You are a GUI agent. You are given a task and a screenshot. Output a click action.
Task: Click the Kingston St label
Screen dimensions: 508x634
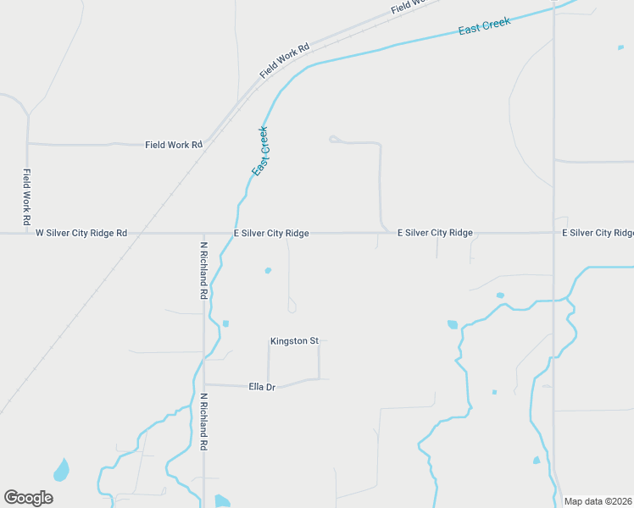pyautogui.click(x=294, y=341)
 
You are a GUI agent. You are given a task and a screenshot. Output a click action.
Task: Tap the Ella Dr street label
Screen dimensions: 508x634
pyautogui.click(x=262, y=387)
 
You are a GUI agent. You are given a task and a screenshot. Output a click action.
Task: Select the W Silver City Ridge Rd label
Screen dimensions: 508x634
pyautogui.click(x=81, y=233)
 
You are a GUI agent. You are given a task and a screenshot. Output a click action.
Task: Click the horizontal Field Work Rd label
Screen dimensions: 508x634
pyautogui.click(x=174, y=145)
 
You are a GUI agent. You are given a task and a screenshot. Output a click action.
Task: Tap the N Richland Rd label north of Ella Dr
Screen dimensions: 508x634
pyautogui.click(x=204, y=270)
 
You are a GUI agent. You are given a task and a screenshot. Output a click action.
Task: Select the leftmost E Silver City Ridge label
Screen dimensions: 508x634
pyautogui.click(x=271, y=233)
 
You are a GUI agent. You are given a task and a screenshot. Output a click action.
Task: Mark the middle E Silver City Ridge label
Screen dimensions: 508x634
pyautogui.click(x=435, y=233)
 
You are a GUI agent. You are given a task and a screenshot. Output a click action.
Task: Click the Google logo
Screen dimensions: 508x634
pyautogui.click(x=28, y=498)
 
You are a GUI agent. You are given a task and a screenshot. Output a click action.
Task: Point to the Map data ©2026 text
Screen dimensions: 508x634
pyautogui.click(x=598, y=501)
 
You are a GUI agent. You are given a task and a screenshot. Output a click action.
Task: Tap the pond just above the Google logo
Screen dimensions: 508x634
pyautogui.click(x=61, y=468)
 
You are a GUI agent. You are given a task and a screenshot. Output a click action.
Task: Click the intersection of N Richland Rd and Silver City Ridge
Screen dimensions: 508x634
pyautogui.click(x=204, y=233)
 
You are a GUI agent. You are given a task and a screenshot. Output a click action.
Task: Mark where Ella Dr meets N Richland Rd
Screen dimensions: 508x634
pyautogui.click(x=204, y=384)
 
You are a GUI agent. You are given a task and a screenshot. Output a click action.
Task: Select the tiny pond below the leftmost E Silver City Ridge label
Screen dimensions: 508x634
pyautogui.click(x=268, y=271)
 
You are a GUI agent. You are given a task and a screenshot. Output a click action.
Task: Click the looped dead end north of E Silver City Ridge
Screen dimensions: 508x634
pyautogui.click(x=333, y=139)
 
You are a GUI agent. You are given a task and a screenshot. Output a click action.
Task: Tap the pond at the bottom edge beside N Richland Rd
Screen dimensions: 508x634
pyautogui.click(x=221, y=501)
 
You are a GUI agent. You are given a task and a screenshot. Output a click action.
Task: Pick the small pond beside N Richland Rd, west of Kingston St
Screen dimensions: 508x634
pyautogui.click(x=225, y=323)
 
